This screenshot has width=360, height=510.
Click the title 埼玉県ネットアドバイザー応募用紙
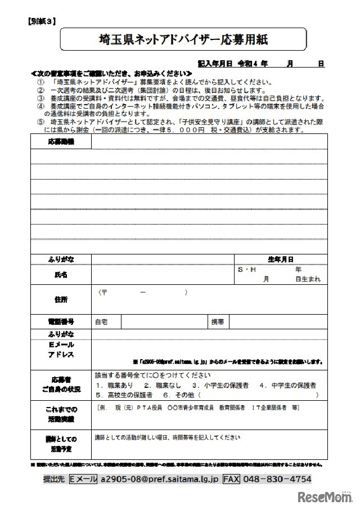coord(183,40)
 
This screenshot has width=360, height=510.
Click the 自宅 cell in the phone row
coord(101,322)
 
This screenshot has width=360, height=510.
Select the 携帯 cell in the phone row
coord(218,322)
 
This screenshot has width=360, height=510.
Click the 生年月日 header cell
coord(280,260)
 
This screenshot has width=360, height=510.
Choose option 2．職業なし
coord(163,386)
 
